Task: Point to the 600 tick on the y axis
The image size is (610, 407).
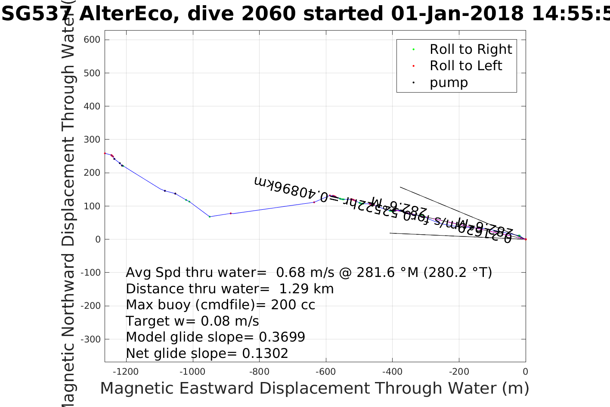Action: pyautogui.click(x=92, y=40)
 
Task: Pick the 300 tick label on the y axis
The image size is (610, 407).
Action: pyautogui.click(x=92, y=140)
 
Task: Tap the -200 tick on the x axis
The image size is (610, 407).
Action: pyautogui.click(x=459, y=372)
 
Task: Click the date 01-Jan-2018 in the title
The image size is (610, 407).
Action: pyautogui.click(x=458, y=14)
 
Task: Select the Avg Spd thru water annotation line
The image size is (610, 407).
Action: pyautogui.click(x=309, y=273)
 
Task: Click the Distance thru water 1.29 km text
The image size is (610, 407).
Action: pyautogui.click(x=229, y=289)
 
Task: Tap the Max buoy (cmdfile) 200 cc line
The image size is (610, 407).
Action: pyautogui.click(x=220, y=305)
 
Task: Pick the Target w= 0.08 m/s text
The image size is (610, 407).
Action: pyautogui.click(x=192, y=321)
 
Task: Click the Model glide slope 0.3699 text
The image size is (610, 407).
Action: pyautogui.click(x=215, y=337)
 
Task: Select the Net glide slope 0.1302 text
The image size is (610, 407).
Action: pyautogui.click(x=207, y=354)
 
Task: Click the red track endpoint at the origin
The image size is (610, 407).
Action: pyautogui.click(x=526, y=239)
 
